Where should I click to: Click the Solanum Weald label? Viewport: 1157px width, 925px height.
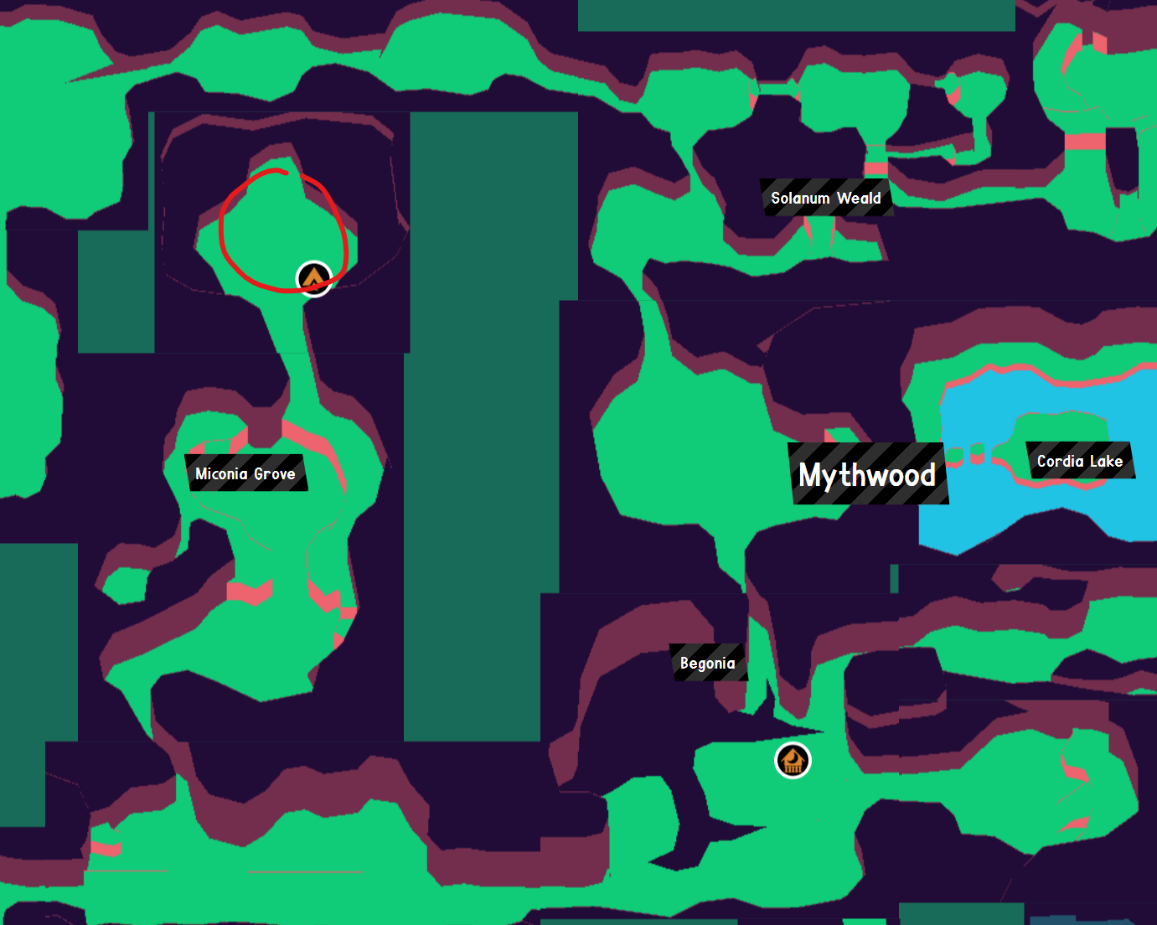pos(825,199)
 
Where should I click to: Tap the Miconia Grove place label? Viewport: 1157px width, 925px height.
pos(245,473)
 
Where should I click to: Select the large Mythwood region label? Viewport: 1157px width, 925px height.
pos(867,475)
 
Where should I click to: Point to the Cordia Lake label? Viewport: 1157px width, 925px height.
pos(1079,461)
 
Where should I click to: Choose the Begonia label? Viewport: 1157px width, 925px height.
pos(708,663)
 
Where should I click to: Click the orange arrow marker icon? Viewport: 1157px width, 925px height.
pos(314,278)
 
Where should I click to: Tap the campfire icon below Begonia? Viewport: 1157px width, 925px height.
pos(793,761)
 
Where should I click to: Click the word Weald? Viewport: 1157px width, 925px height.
pos(859,199)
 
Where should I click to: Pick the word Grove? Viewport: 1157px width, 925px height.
pos(275,474)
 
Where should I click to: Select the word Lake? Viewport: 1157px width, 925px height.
pos(1106,461)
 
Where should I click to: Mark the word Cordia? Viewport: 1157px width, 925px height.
pos(1061,461)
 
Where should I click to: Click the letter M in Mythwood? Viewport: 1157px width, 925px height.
pos(812,475)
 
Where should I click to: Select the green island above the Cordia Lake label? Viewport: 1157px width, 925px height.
pos(1060,426)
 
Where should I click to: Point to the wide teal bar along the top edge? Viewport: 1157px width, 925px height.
pos(796,15)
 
